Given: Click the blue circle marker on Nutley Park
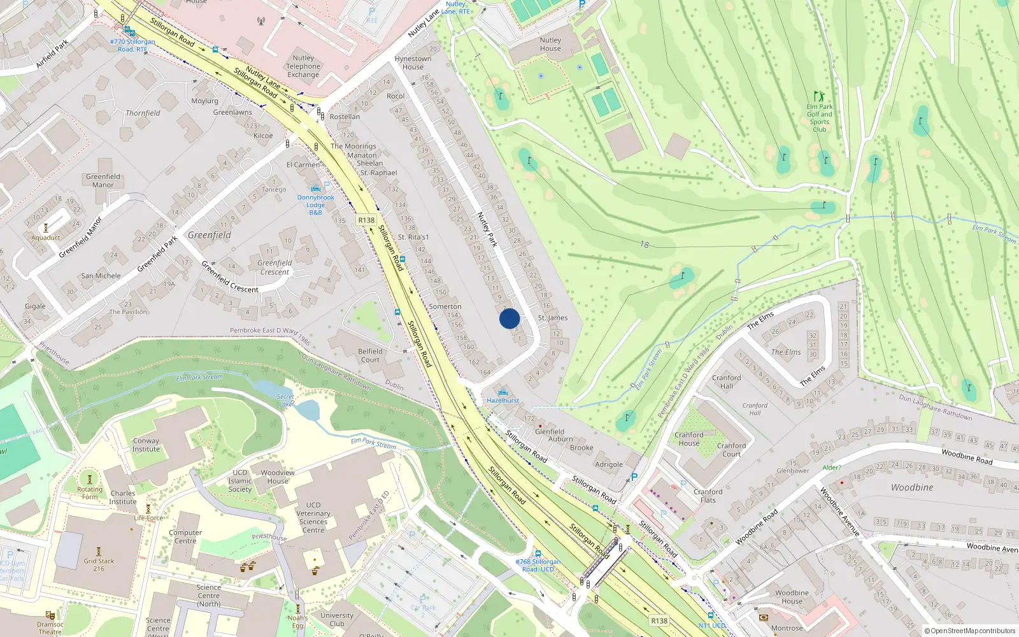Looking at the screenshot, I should coord(509,318).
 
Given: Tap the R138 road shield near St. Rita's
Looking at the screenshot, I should coord(366,220).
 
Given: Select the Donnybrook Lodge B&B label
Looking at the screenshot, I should coord(316,204).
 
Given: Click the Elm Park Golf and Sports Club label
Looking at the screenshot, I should coord(820,118).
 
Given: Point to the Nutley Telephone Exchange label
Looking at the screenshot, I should coord(303,66).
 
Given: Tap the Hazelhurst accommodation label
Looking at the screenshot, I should coord(503,401).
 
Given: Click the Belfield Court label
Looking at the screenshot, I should coord(370,355).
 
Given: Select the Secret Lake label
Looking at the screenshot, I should coord(285,400).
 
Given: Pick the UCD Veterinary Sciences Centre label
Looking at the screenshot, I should coord(313,517).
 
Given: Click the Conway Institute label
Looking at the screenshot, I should coord(146,445).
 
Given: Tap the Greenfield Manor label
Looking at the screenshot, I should coord(103,181).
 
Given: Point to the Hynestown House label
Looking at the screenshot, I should coord(413,62).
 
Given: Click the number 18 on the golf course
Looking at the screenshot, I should coord(645,245).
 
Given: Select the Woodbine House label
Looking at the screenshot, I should coord(792,597).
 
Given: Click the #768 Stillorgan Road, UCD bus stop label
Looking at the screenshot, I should coord(538,565).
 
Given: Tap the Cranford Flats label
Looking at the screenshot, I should coord(708,496).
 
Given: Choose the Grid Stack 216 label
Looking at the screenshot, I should coord(99,564).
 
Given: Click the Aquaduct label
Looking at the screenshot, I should coord(46,238).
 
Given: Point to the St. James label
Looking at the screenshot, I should coord(553,318).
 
